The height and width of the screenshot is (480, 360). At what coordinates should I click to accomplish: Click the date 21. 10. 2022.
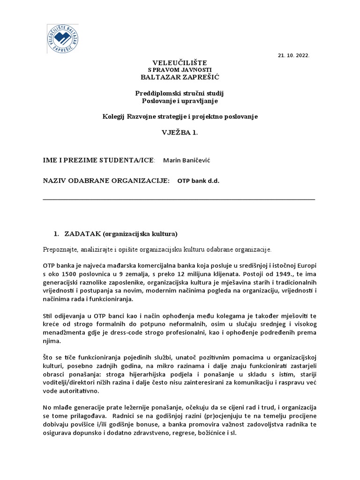(294, 55)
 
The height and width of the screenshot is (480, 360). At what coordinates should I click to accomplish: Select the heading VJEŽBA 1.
(180, 133)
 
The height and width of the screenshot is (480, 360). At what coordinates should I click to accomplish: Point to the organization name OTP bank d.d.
(198, 181)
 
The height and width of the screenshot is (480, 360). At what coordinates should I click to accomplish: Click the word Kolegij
(114, 116)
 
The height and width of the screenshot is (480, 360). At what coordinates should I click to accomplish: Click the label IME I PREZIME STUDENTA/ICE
(98, 160)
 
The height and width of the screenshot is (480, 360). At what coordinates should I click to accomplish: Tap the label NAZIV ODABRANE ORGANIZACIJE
(106, 181)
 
